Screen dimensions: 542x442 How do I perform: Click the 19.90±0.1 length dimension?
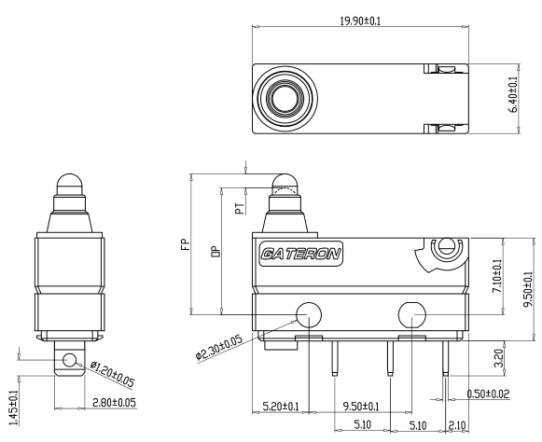360,21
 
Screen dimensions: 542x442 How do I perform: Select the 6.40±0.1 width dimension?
513,94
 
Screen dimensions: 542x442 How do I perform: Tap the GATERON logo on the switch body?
301,254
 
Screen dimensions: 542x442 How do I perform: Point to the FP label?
186,244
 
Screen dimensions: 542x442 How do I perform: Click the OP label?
215,252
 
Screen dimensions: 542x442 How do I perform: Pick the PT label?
240,208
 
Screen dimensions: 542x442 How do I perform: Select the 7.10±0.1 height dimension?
497,275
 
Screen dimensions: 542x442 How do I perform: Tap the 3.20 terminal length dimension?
499,358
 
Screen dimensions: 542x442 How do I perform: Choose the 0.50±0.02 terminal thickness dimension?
488,394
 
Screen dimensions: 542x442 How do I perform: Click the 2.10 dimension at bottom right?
457,424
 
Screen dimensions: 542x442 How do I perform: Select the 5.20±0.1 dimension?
281,406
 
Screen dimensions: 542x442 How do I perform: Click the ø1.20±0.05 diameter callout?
112,374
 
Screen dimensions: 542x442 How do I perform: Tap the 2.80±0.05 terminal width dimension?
114,403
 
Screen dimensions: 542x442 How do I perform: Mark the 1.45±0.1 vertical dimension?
13,407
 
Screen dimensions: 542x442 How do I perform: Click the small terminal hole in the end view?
69,360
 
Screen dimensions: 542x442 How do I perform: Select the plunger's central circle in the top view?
285,99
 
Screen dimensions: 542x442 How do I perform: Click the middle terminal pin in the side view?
390,358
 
